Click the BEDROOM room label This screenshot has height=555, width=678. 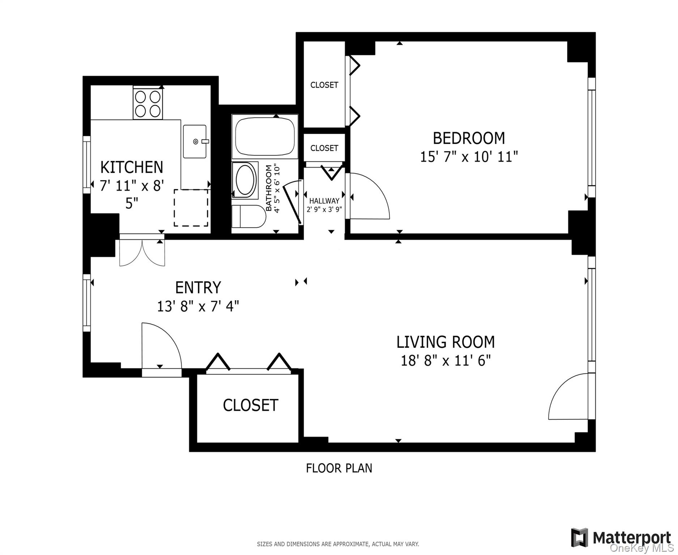[469, 138]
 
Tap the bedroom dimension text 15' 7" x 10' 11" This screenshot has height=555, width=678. [469, 157]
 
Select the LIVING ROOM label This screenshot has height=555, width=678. [445, 342]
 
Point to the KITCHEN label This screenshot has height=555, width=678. [132, 167]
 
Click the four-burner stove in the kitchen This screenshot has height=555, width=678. [148, 103]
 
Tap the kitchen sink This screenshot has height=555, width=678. [195, 141]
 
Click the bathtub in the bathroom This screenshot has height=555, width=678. [265, 137]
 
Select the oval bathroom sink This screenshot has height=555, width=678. [245, 180]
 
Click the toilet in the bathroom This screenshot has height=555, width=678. [248, 216]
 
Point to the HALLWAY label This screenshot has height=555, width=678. [324, 201]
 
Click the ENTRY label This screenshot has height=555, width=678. [198, 288]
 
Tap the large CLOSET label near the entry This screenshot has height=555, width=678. [250, 405]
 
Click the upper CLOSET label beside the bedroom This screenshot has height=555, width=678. [324, 85]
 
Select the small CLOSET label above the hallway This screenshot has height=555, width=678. [324, 148]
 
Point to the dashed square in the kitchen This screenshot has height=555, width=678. [191, 208]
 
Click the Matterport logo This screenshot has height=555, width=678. [621, 538]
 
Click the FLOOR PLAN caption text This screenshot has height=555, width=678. [339, 468]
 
